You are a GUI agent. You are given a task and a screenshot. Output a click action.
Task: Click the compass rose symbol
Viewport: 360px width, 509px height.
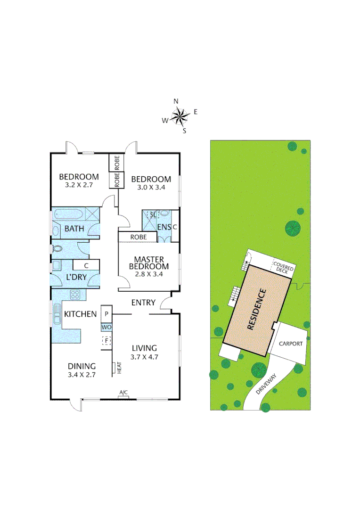click(x=180, y=116)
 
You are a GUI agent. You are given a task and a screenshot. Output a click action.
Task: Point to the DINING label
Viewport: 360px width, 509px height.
click(x=82, y=366)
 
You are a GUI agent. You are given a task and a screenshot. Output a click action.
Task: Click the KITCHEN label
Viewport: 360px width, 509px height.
click(x=81, y=314)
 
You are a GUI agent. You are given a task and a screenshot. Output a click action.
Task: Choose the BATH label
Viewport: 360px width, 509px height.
click(x=74, y=229)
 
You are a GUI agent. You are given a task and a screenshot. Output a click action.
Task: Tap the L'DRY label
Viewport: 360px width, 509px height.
click(x=76, y=277)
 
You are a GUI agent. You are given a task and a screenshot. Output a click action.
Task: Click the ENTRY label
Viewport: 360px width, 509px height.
click(x=143, y=303)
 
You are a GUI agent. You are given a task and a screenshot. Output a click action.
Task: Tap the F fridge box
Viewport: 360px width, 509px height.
click(x=106, y=340)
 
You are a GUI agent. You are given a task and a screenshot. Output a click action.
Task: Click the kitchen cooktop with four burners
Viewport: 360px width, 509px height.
click(x=75, y=296)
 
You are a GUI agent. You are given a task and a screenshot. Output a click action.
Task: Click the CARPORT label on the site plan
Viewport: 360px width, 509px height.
click(x=290, y=344)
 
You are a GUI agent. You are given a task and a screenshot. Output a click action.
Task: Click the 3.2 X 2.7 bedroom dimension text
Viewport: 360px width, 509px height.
click(x=79, y=186)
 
